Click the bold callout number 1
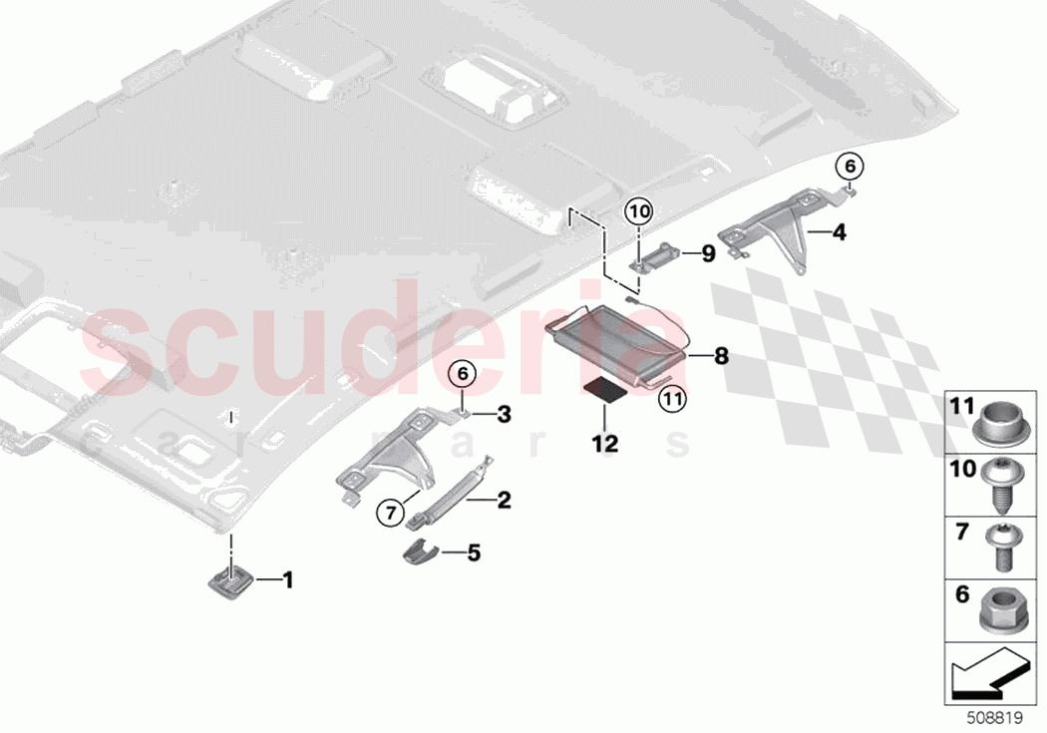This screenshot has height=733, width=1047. coord(288,578)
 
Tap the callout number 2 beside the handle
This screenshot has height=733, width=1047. coord(504,500)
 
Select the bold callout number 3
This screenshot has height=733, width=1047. coord(504,414)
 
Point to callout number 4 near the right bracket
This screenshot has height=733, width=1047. coord(839,233)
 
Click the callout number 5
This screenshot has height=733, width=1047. coord(474,550)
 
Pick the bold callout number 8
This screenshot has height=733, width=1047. coord(721,354)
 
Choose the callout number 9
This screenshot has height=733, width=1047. coord(707,253)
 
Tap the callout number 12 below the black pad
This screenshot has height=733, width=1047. coord(605,442)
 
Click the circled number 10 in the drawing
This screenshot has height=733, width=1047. coord(638,211)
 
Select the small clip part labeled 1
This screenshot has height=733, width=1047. coord(230,578)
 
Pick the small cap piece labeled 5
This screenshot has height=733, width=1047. coord(421,551)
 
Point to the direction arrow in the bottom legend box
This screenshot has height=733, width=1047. coord(992,678)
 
